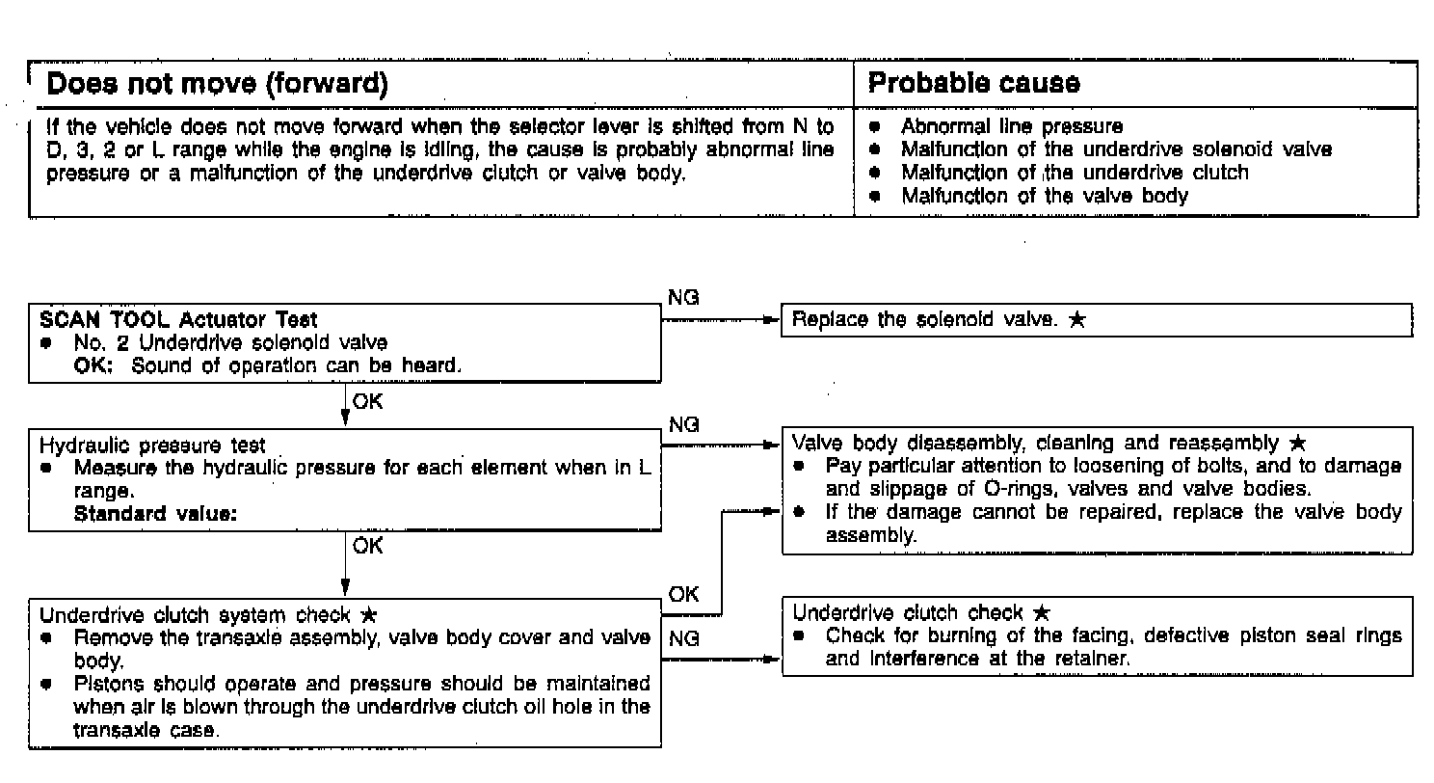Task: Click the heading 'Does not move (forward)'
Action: pos(217,84)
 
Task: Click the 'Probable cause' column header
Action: pos(973,83)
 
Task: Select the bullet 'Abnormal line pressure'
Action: pos(1011,126)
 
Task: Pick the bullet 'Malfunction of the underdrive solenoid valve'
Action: pos(1116,149)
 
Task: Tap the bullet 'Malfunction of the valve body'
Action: pos(1044,196)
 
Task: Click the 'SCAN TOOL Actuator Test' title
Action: pos(178,319)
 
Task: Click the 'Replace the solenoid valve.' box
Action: pos(1096,320)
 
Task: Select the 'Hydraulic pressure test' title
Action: pos(152,445)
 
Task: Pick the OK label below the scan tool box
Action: pos(367,402)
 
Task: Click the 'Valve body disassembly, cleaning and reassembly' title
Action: pos(1039,444)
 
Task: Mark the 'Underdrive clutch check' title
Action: pos(907,613)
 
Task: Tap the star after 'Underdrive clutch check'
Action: pos(1041,613)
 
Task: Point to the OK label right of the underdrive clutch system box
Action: pos(683,594)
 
